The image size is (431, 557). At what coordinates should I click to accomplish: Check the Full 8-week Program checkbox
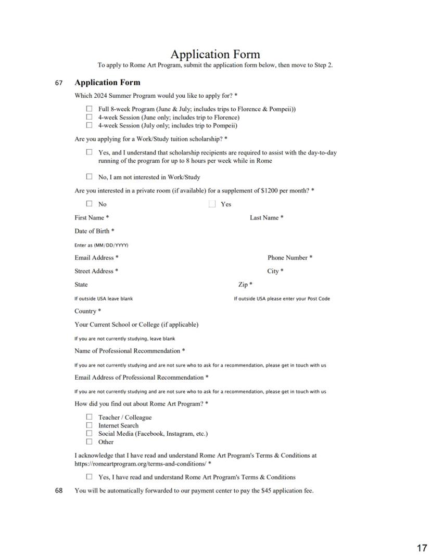pos(89,109)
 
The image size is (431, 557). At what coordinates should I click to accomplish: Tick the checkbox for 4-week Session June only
pos(89,117)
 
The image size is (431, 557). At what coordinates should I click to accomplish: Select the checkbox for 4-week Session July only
pos(89,125)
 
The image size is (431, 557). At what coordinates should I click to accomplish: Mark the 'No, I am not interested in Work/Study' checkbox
pos(89,176)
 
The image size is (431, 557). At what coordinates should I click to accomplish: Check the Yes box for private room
pos(212,204)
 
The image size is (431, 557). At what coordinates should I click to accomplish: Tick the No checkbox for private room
pos(89,204)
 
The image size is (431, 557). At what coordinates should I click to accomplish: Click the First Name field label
pos(92,218)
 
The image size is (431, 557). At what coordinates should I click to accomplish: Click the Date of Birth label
pos(94,231)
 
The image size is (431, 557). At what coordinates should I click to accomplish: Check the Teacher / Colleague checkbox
pos(89,417)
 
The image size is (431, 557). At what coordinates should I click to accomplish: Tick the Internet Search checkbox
pos(89,425)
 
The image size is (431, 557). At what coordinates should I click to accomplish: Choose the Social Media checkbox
pos(89,433)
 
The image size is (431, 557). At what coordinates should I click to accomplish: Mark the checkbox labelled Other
pos(89,442)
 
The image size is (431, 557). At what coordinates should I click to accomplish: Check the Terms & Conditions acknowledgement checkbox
pos(89,476)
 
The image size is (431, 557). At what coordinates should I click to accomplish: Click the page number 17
pos(422,548)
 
